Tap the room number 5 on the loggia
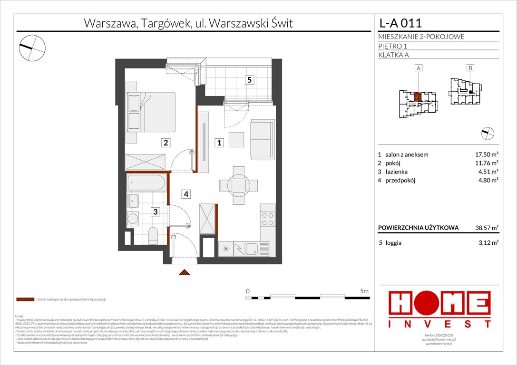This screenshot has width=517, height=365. [249, 80]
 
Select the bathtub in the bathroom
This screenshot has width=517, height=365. [146, 183]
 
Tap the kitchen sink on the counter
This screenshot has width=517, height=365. [253, 248]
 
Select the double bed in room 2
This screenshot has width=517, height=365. [151, 112]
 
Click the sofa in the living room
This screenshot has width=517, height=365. [263, 139]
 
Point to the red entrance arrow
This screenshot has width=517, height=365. [185, 272]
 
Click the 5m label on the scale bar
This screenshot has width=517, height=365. [364, 290]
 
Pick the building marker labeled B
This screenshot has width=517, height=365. [470, 68]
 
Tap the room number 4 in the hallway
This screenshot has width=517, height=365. [187, 194]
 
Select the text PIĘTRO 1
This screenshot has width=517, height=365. [392, 46]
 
